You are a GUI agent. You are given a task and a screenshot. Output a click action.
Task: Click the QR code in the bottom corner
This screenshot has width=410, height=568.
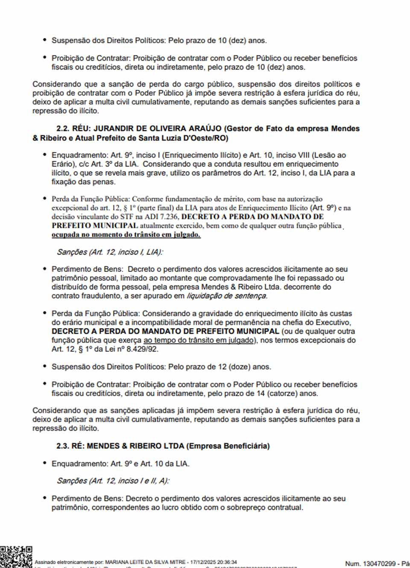(x=15, y=556)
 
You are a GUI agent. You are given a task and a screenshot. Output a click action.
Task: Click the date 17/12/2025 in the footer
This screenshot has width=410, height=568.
(x=204, y=562)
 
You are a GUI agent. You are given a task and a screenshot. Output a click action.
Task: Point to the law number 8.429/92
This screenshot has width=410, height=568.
(x=141, y=349)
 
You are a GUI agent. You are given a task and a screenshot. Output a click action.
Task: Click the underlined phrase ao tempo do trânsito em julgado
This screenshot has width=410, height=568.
(x=199, y=340)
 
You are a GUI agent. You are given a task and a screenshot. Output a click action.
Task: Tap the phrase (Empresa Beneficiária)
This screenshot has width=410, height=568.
(x=228, y=446)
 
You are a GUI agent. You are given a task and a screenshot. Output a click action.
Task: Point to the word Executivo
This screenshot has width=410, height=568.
(x=332, y=322)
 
